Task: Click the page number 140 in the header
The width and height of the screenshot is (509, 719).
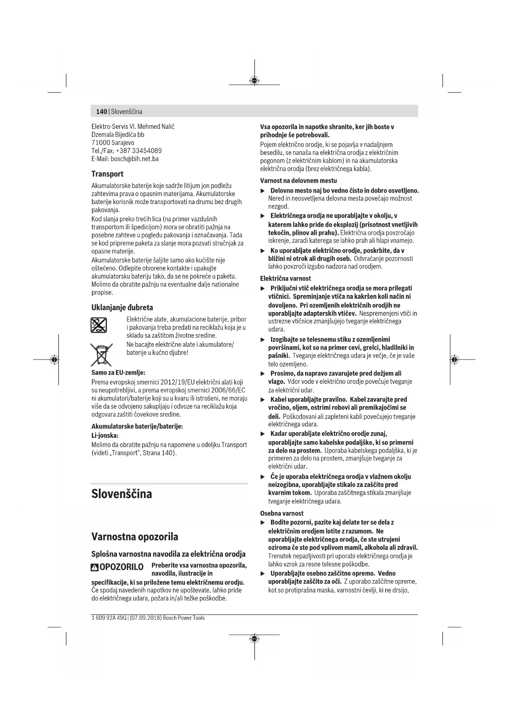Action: click(x=101, y=111)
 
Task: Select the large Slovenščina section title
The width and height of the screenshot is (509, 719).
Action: click(x=121, y=494)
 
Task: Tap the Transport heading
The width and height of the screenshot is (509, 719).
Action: click(x=107, y=174)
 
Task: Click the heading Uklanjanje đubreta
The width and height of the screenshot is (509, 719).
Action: click(x=122, y=307)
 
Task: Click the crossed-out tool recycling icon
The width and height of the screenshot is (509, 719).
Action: click(x=99, y=325)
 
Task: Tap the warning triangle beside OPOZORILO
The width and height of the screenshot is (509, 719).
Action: click(x=95, y=568)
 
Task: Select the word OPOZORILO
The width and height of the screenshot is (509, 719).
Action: click(x=121, y=567)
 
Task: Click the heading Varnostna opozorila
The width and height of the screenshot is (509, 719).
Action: click(x=135, y=537)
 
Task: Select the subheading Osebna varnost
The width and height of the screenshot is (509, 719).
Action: click(x=282, y=513)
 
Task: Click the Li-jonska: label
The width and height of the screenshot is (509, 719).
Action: click(x=105, y=435)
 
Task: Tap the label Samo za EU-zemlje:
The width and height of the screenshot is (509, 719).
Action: click(x=118, y=373)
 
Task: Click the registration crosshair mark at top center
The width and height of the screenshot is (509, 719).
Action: click(x=254, y=80)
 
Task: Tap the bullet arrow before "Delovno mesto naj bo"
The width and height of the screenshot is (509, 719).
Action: click(x=263, y=191)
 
